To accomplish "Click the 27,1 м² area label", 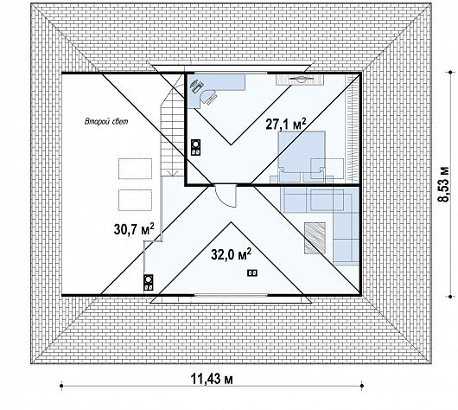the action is click(286, 124).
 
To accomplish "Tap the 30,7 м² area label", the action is click(134, 229).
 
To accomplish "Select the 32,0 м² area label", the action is click(231, 254).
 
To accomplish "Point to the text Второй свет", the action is click(106, 121).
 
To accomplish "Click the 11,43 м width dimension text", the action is click(212, 380).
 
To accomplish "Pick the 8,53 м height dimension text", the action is click(443, 183).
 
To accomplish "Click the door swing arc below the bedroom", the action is click(225, 196).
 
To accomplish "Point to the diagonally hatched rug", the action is click(315, 238).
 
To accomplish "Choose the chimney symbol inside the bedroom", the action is click(195, 147).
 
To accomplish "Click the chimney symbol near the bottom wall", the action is click(149, 283).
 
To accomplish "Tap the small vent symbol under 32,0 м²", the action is click(252, 272).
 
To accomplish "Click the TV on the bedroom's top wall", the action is click(300, 79).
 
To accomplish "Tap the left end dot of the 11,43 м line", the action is click(61, 386).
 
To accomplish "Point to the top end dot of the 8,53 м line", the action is click(452, 72).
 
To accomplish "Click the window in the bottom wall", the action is click(231, 295).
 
